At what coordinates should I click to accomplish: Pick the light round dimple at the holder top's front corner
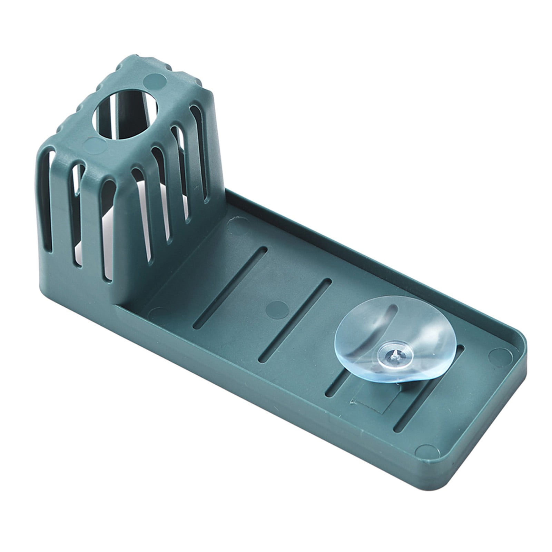[x=94, y=143]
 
